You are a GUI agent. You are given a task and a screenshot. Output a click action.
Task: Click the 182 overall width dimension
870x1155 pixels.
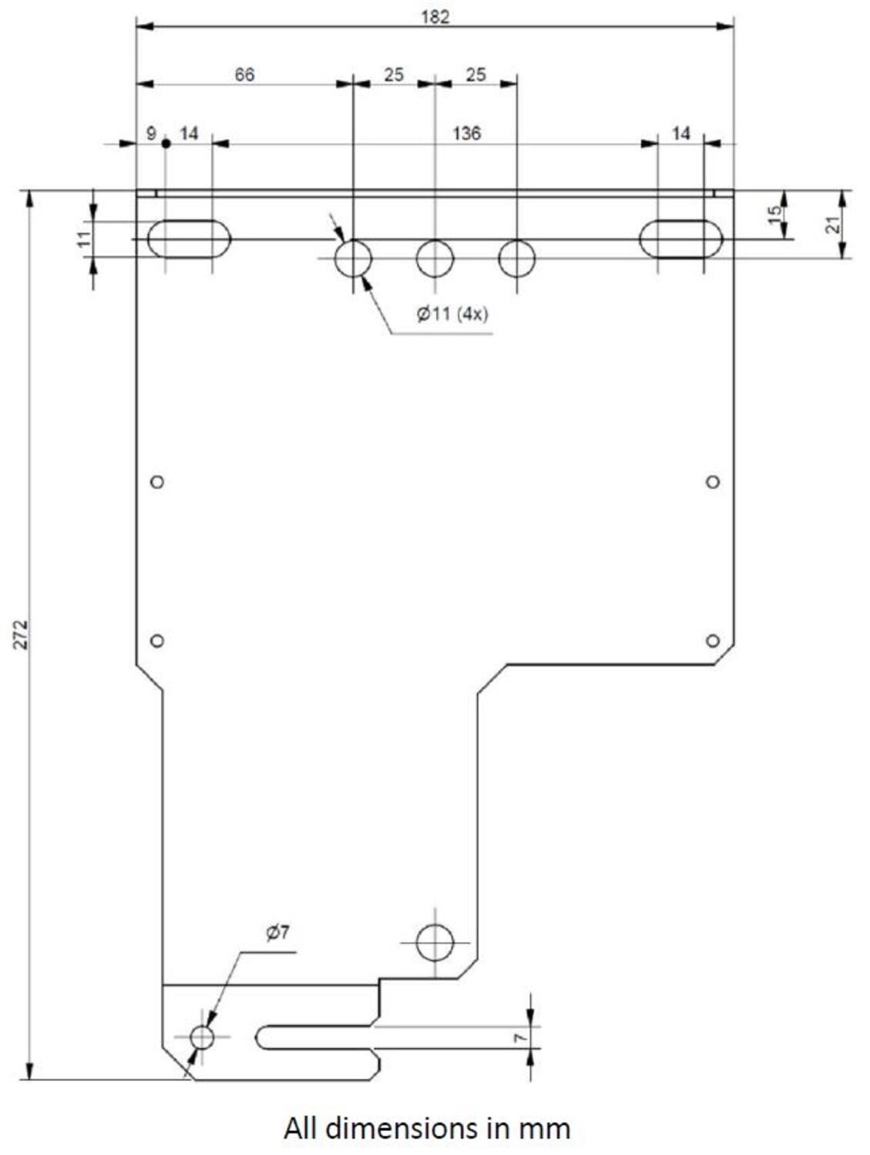click(435, 17)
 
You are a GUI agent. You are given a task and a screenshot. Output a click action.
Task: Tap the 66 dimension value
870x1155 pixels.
click(244, 75)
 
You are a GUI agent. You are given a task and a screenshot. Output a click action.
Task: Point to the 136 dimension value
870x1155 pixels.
click(466, 133)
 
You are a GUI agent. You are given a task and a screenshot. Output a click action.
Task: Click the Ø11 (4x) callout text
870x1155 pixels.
click(452, 314)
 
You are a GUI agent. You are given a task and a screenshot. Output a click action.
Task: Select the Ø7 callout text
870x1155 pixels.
click(277, 932)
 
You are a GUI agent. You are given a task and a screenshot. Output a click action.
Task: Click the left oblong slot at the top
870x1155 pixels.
click(189, 239)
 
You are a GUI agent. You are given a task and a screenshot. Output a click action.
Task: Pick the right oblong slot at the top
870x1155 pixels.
click(680, 239)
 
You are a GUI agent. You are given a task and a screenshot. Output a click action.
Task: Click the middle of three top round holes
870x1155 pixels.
click(435, 258)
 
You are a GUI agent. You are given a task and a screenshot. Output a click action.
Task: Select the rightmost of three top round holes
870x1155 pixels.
click(516, 258)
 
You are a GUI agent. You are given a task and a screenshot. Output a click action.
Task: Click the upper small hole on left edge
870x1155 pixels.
click(157, 482)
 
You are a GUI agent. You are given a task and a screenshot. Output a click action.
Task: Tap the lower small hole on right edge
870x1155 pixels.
click(713, 641)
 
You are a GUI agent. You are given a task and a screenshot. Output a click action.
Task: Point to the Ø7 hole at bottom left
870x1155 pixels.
click(202, 1037)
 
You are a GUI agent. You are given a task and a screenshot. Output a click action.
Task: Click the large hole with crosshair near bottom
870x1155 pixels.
click(435, 942)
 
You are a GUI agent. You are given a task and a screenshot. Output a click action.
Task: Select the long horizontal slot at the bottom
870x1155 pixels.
click(316, 1037)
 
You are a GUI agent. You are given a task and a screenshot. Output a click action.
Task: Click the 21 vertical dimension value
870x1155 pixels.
click(831, 225)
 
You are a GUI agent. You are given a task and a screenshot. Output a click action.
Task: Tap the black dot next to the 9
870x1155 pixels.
click(166, 143)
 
